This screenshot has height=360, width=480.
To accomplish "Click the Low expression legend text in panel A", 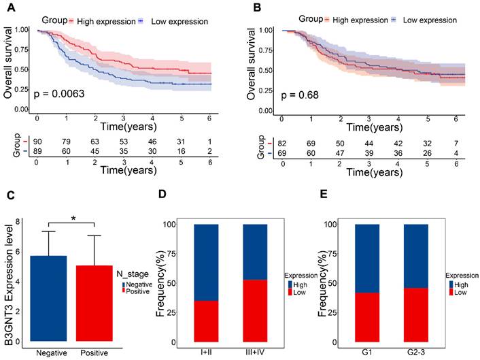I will [x=179, y=22].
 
